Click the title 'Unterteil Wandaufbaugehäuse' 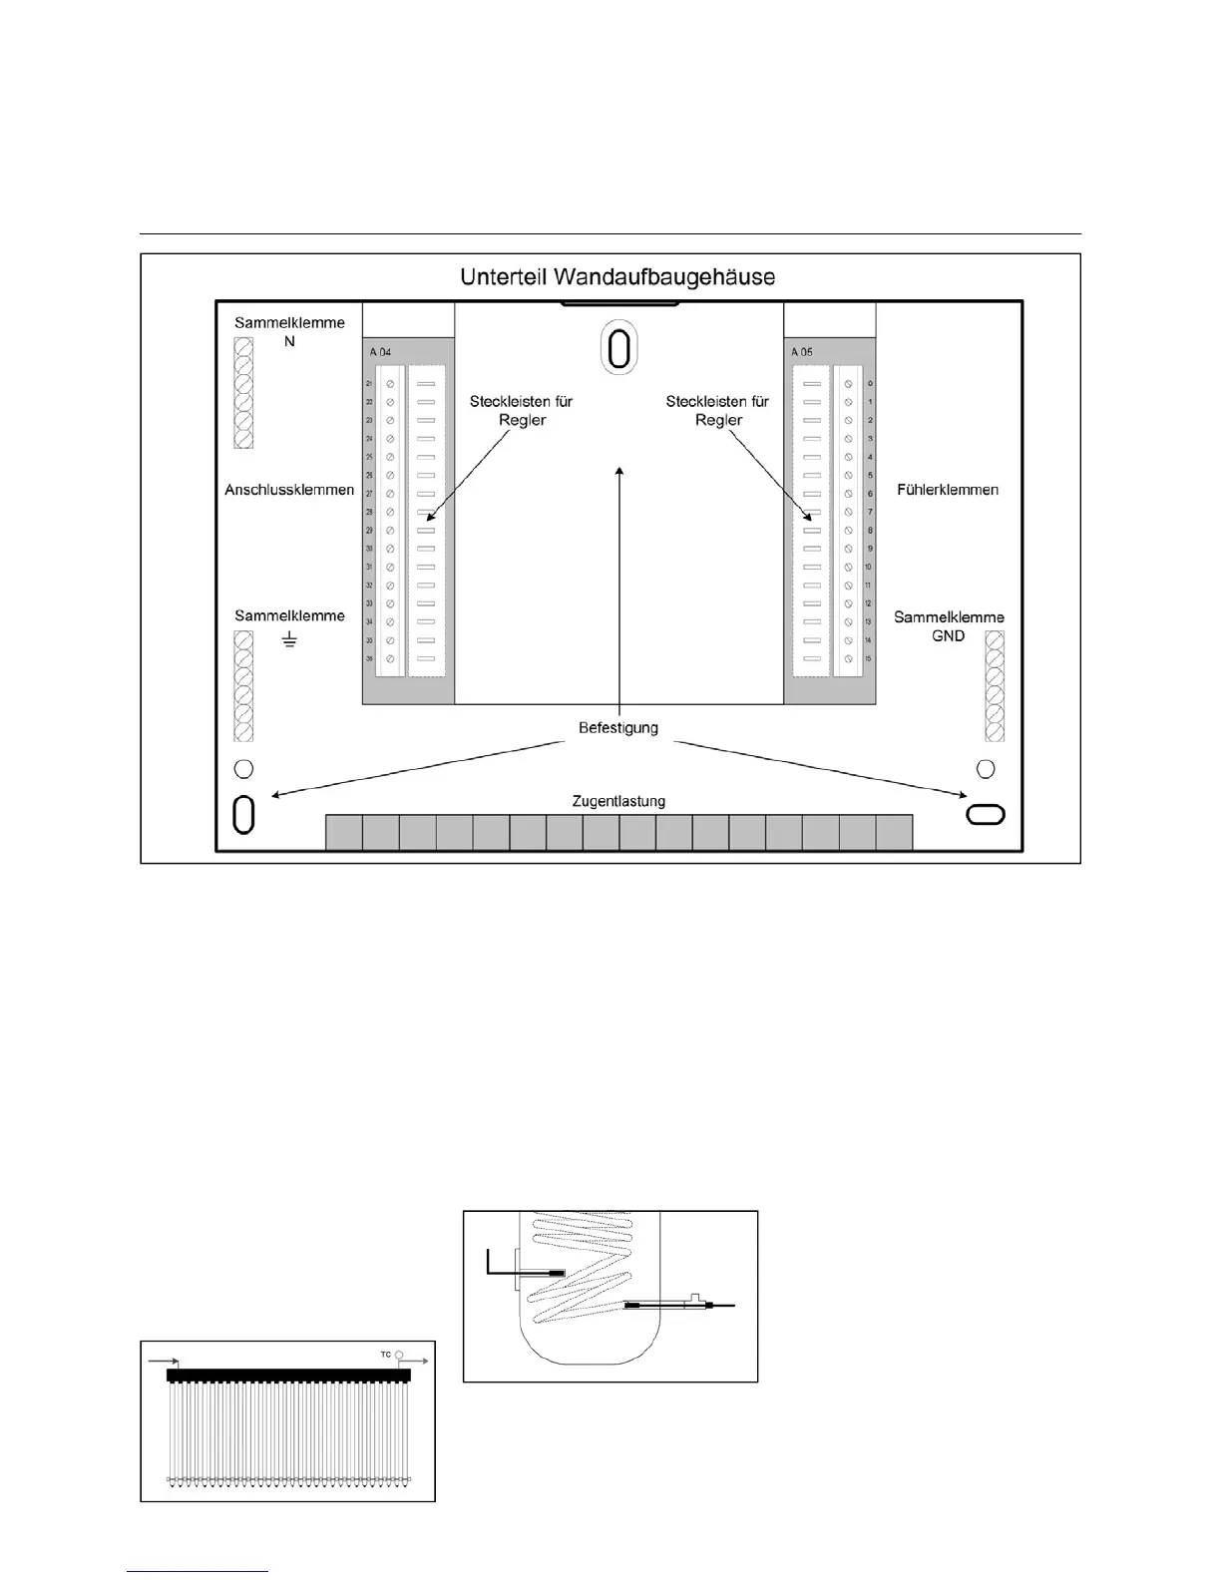[x=617, y=276]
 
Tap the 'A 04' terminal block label [x=380, y=352]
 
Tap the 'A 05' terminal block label [x=801, y=352]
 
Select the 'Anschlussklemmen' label [x=289, y=490]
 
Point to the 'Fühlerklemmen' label [x=948, y=490]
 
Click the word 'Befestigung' [x=618, y=728]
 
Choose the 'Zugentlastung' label [x=618, y=801]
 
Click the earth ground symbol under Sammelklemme [x=289, y=639]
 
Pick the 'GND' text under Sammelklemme [x=948, y=635]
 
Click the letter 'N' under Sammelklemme [x=289, y=341]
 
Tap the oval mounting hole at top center [x=618, y=350]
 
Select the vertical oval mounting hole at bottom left [x=243, y=814]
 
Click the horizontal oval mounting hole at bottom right [x=986, y=814]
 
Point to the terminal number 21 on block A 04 [x=369, y=384]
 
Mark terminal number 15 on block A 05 [x=869, y=658]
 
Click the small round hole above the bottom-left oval [x=243, y=768]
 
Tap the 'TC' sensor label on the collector [x=386, y=1355]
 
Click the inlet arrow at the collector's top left [x=164, y=1361]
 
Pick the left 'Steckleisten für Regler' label [x=522, y=411]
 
